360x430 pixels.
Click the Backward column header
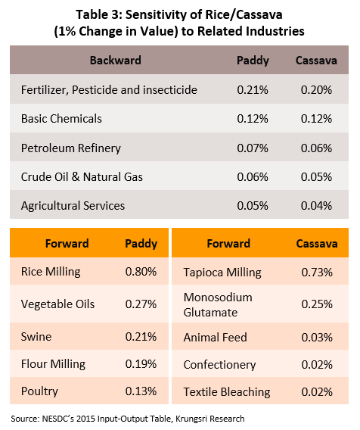(x=116, y=61)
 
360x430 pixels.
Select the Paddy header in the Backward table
(x=253, y=61)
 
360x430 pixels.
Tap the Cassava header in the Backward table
(x=316, y=61)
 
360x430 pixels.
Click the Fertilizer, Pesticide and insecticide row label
(x=109, y=90)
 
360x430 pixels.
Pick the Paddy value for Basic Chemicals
(x=253, y=118)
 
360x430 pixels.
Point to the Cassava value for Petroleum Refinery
(x=316, y=148)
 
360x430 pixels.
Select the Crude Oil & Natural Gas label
(x=82, y=177)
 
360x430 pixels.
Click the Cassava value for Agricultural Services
(x=316, y=206)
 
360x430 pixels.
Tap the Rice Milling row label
(x=51, y=272)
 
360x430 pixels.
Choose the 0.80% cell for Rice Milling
(x=141, y=272)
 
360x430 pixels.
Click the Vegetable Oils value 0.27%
(x=141, y=304)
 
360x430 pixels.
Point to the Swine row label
(x=36, y=336)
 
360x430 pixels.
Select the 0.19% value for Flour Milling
(x=141, y=364)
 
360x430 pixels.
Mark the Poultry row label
(x=39, y=391)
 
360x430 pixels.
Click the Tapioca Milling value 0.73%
(x=317, y=273)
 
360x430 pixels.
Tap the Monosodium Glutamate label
(x=218, y=304)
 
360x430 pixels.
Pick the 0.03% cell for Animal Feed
(x=317, y=338)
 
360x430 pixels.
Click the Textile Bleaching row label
(x=227, y=392)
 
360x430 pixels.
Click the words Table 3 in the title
(x=98, y=14)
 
